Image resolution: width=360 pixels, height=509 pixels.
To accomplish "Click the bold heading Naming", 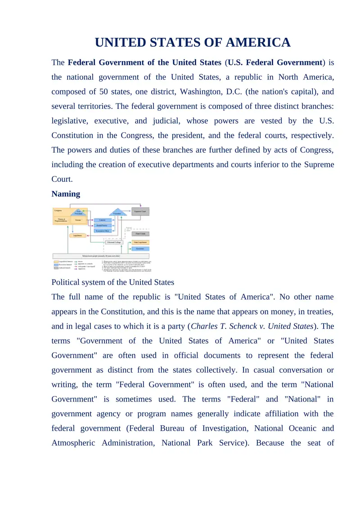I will coord(66,194).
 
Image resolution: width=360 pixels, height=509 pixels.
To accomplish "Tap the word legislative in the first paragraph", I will coord(70,121).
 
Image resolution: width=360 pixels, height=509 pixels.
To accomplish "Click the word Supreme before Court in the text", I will coord(319,164).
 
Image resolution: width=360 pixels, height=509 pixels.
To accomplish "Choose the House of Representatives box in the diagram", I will coord(61,220).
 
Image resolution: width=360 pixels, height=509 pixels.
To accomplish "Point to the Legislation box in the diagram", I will coord(77,235).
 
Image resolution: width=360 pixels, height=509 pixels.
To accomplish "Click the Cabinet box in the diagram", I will coord(102,220).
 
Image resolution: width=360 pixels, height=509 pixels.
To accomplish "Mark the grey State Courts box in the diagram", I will coord(140,234).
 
